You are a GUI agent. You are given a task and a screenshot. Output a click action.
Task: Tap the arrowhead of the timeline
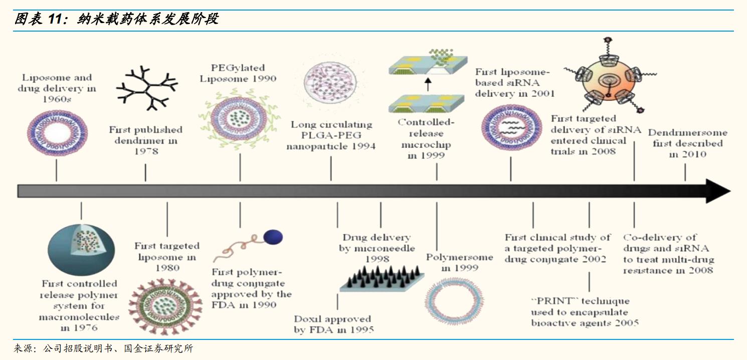tap(718, 191)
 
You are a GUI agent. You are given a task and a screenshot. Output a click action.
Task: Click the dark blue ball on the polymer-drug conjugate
tap(273, 237)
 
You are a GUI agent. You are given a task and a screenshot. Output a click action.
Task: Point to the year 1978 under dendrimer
tap(146, 151)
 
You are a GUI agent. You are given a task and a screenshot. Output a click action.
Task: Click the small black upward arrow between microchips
tap(428, 85)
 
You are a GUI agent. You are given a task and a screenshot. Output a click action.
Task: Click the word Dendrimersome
tap(687, 133)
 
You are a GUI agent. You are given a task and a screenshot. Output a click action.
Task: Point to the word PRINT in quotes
tap(551, 301)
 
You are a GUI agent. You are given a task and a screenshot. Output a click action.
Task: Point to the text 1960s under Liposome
tap(56, 100)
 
